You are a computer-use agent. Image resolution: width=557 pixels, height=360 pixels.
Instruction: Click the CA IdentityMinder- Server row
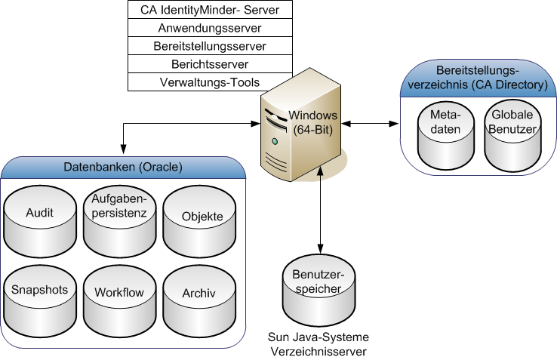[210, 10]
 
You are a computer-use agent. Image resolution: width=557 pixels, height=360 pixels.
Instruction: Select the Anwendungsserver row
[210, 28]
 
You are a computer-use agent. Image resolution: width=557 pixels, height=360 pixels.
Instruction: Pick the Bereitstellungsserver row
[210, 46]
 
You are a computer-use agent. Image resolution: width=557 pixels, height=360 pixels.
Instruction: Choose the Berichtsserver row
[210, 64]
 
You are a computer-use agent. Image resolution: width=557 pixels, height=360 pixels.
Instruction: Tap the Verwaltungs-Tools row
[210, 82]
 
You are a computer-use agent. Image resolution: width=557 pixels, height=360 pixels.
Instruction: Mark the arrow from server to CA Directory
[369, 122]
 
